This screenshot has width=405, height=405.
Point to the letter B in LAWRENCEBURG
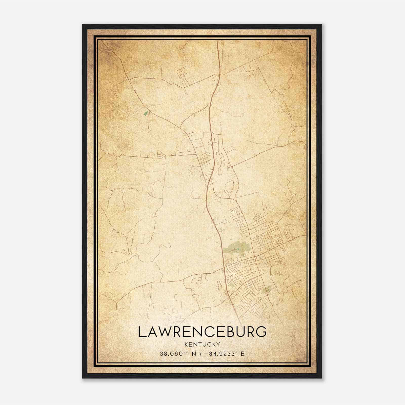[x=231, y=332]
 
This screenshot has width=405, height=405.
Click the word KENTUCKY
[x=202, y=344]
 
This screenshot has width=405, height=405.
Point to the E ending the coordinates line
[x=242, y=354]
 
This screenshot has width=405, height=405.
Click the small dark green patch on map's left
[x=146, y=113]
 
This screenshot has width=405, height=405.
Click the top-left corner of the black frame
[x=83, y=25]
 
